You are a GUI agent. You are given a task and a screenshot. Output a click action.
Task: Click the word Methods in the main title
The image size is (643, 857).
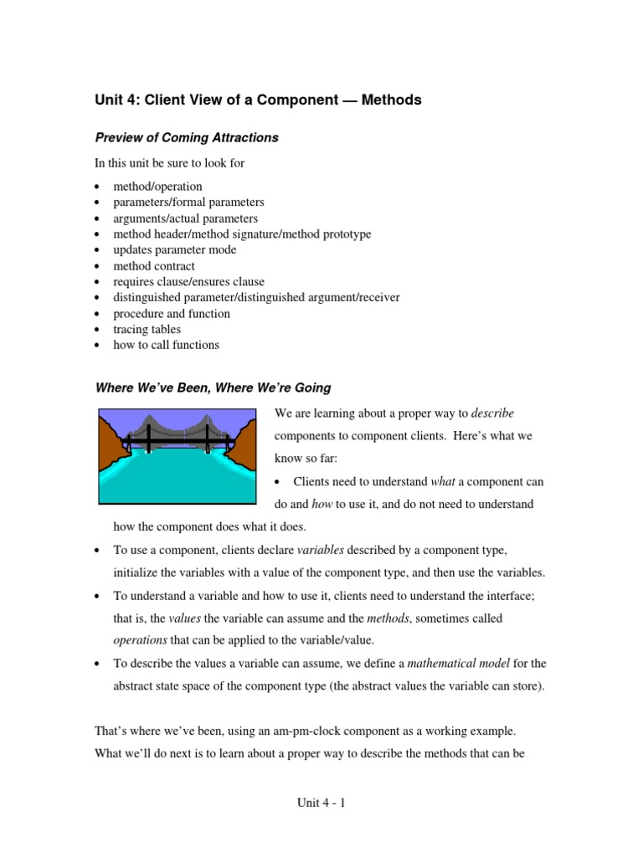click(391, 100)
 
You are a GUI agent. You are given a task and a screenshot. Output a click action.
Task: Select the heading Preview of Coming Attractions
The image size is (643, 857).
click(187, 138)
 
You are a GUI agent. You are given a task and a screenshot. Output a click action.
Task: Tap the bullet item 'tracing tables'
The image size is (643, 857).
click(147, 329)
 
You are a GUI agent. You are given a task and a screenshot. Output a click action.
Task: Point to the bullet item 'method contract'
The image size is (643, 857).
click(154, 265)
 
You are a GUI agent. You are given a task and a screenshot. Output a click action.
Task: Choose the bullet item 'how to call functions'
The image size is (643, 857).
click(166, 345)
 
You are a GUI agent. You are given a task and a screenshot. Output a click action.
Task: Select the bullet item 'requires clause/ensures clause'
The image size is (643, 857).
click(189, 281)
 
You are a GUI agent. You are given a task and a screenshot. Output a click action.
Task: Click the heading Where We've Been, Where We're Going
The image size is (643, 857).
click(213, 387)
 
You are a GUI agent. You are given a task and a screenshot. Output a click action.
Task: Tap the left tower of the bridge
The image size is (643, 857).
click(148, 437)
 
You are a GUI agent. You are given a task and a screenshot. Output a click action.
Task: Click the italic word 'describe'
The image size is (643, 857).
click(493, 413)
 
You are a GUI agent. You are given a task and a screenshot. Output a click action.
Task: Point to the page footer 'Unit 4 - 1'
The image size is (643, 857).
click(321, 803)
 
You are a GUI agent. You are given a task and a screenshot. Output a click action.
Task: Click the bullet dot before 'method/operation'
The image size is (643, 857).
click(98, 187)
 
